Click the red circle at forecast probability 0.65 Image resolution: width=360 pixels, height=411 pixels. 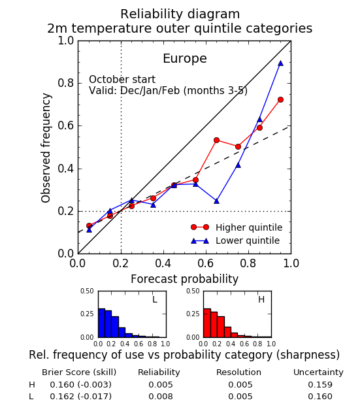[216, 140]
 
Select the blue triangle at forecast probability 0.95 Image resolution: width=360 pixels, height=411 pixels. [280, 63]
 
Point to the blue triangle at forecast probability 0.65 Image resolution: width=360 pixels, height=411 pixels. [216, 201]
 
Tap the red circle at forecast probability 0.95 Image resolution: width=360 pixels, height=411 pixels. [280, 99]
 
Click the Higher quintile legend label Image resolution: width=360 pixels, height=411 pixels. [249, 227]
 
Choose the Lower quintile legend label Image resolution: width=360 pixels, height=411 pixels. [248, 240]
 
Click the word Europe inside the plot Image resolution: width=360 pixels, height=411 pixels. [185, 58]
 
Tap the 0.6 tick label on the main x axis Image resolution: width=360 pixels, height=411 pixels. [206, 263]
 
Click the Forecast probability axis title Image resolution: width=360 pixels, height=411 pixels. [184, 279]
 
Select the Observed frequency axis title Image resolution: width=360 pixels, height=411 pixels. [46, 148]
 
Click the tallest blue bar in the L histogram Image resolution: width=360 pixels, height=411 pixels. [102, 323]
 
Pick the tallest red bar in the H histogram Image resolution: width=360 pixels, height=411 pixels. [207, 323]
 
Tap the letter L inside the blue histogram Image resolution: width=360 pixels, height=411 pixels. [155, 299]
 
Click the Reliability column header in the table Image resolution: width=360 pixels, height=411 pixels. [159, 372]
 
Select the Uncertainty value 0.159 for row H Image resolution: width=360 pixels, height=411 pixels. [320, 384]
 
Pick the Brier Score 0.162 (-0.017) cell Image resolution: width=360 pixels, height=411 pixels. [81, 397]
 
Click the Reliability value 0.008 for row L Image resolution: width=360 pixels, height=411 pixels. [161, 397]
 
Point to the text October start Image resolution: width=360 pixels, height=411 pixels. [122, 80]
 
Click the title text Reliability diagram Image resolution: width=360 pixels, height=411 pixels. [180, 14]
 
